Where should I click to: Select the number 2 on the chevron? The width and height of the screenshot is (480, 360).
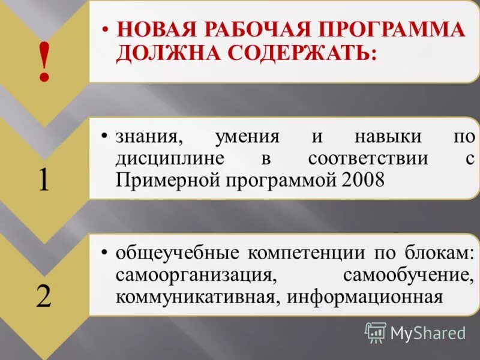43,296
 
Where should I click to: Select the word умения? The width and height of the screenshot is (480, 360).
247,136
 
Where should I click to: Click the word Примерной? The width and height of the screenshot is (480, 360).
167,179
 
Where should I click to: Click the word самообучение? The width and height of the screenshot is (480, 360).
406,275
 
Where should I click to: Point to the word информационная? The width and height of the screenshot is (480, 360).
364,296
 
